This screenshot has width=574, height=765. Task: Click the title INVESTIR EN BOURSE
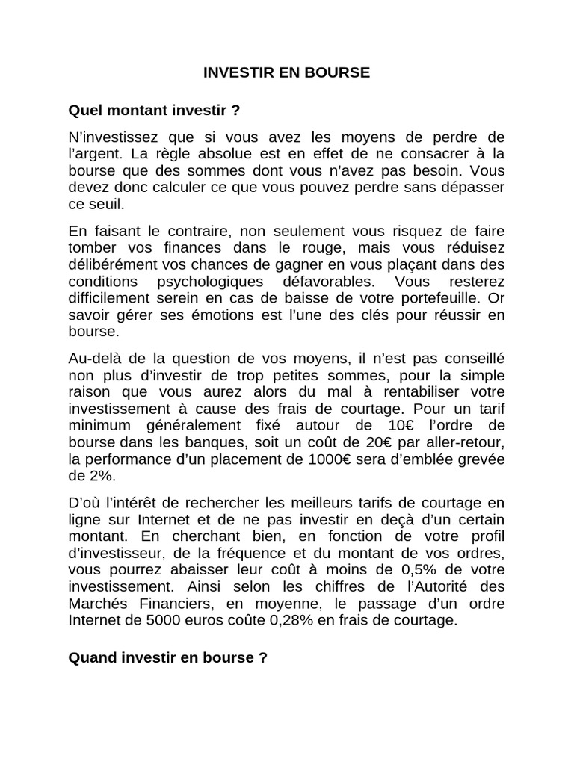click(287, 73)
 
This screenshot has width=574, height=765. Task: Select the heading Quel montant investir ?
click(155, 111)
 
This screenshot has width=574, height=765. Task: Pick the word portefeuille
click(447, 298)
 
